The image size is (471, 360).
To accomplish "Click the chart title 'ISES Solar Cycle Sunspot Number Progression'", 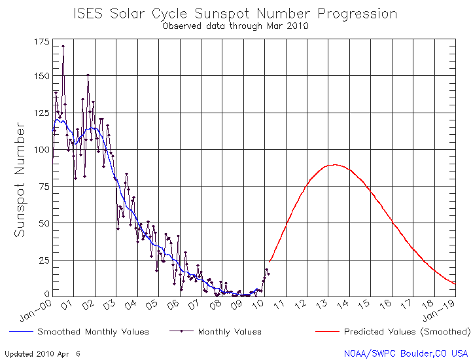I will (x=235, y=14).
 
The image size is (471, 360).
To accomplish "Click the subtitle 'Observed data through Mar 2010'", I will (x=235, y=26).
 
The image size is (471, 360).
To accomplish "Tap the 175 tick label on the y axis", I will (x=40, y=42).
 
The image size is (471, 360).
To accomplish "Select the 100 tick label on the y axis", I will (x=40, y=150).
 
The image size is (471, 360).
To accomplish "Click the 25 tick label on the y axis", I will (x=43, y=261).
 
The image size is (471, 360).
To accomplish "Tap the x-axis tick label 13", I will (x=323, y=304).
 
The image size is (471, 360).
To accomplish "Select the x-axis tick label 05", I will (x=153, y=304).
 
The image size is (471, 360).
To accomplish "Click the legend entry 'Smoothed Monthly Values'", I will (x=93, y=332).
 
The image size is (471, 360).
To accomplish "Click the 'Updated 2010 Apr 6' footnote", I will (x=43, y=353).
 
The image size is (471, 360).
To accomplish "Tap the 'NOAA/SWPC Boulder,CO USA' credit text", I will (x=406, y=353).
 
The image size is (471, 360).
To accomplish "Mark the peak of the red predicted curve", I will (x=334, y=165).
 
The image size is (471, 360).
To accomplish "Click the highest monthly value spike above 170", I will (x=63, y=46).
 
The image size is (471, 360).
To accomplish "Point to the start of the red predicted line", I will (x=270, y=262).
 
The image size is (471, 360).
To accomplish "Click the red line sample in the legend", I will (x=327, y=332).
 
